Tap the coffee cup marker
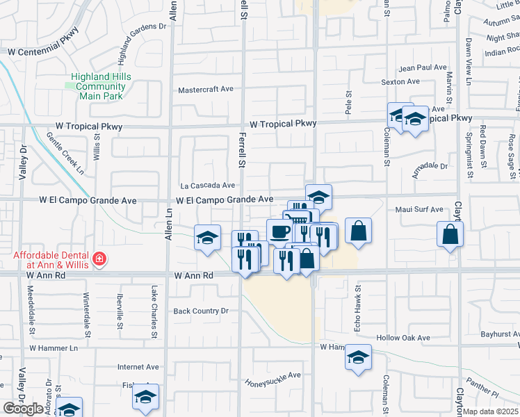(x=279, y=230)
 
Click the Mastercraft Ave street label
(x=206, y=90)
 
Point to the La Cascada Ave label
(x=208, y=186)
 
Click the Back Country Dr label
(x=201, y=311)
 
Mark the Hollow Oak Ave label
(x=403, y=338)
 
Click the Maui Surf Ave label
(x=419, y=209)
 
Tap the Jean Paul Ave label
(x=422, y=68)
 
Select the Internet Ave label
(x=138, y=367)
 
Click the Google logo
(x=23, y=409)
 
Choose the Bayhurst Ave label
(x=500, y=334)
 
